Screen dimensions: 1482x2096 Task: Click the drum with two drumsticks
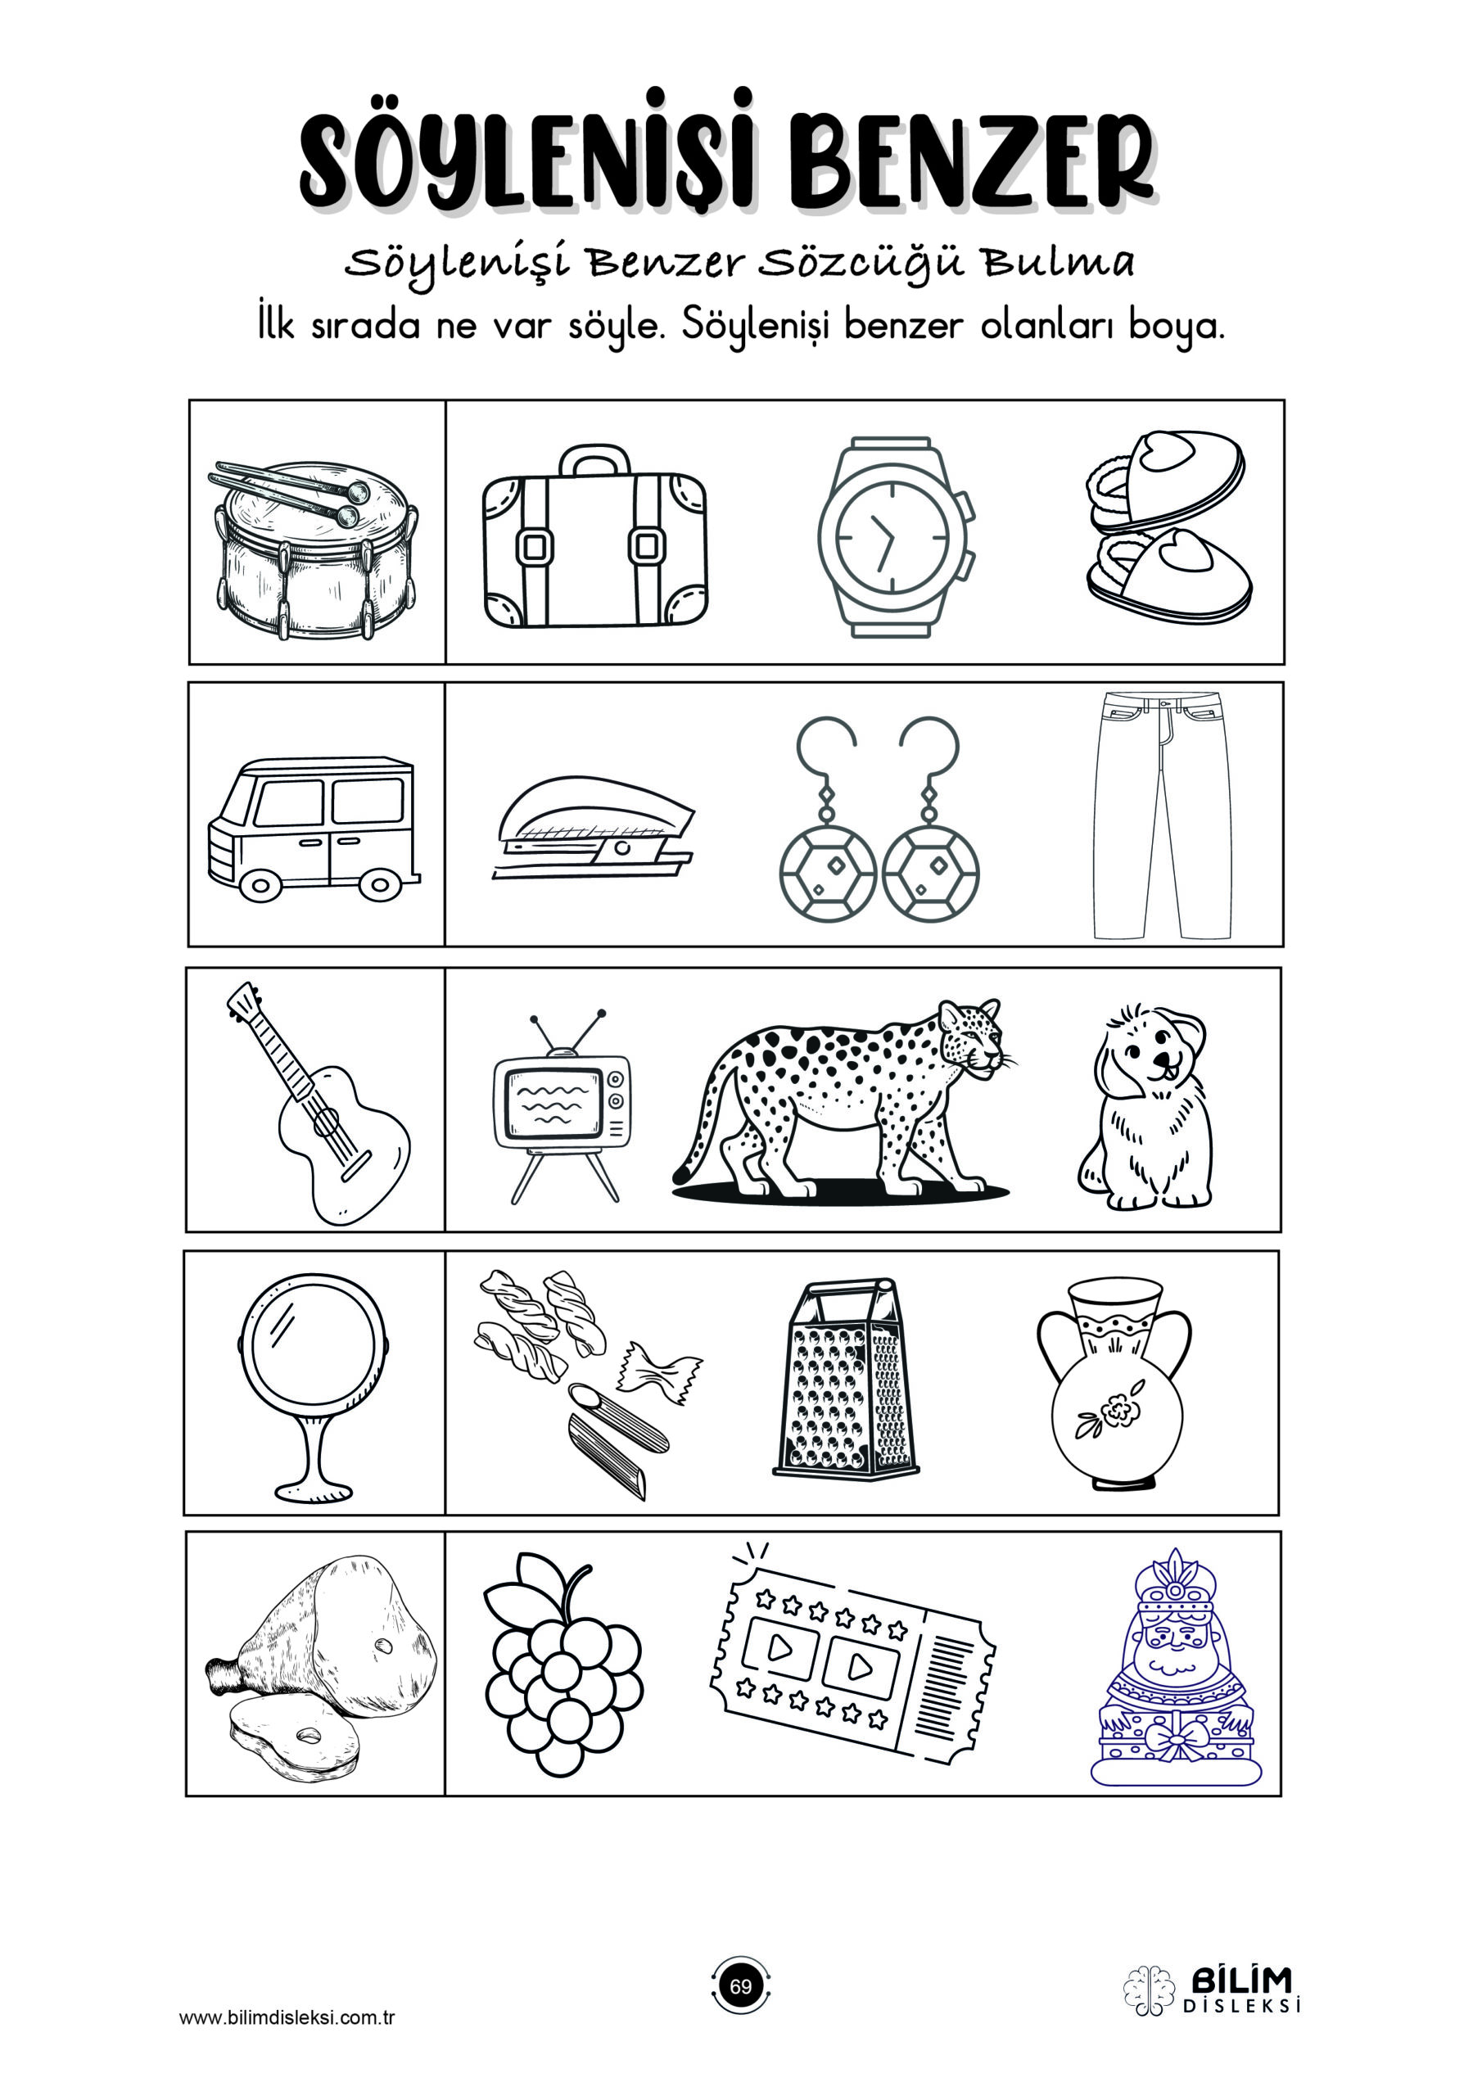click(x=316, y=549)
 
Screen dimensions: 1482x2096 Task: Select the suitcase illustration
click(x=595, y=538)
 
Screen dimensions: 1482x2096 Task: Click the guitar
click(x=319, y=1103)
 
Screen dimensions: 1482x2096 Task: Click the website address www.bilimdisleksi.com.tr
click(x=287, y=2017)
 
